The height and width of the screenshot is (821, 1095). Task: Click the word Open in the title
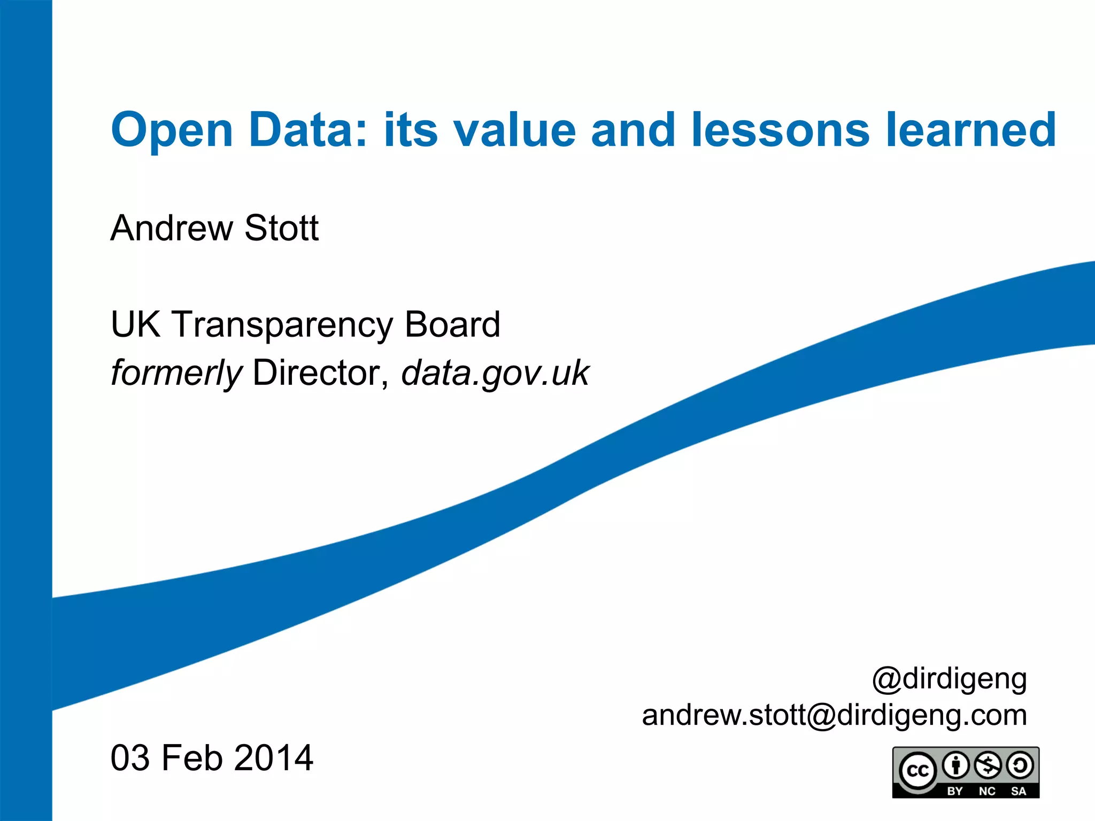click(172, 130)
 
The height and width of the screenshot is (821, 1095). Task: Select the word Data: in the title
click(309, 130)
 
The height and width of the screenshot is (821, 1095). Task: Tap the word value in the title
click(515, 130)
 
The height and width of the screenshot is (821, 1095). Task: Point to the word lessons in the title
click(781, 130)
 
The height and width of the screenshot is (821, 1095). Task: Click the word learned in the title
click(970, 130)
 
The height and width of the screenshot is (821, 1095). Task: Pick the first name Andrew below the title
click(171, 228)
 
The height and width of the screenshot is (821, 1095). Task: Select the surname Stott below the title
click(281, 228)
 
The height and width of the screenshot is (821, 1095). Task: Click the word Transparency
click(282, 324)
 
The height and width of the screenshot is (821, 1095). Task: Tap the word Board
click(452, 324)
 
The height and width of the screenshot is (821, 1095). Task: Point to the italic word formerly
click(176, 373)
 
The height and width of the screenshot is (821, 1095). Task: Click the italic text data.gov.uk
click(495, 373)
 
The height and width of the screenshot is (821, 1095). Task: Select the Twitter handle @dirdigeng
click(950, 679)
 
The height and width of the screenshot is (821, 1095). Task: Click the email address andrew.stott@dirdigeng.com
click(835, 715)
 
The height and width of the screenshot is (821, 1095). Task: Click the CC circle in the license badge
click(917, 771)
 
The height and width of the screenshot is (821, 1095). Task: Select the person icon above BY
click(955, 765)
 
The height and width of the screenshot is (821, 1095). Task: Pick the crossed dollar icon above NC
click(988, 765)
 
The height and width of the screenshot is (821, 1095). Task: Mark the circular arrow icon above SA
click(1020, 765)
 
